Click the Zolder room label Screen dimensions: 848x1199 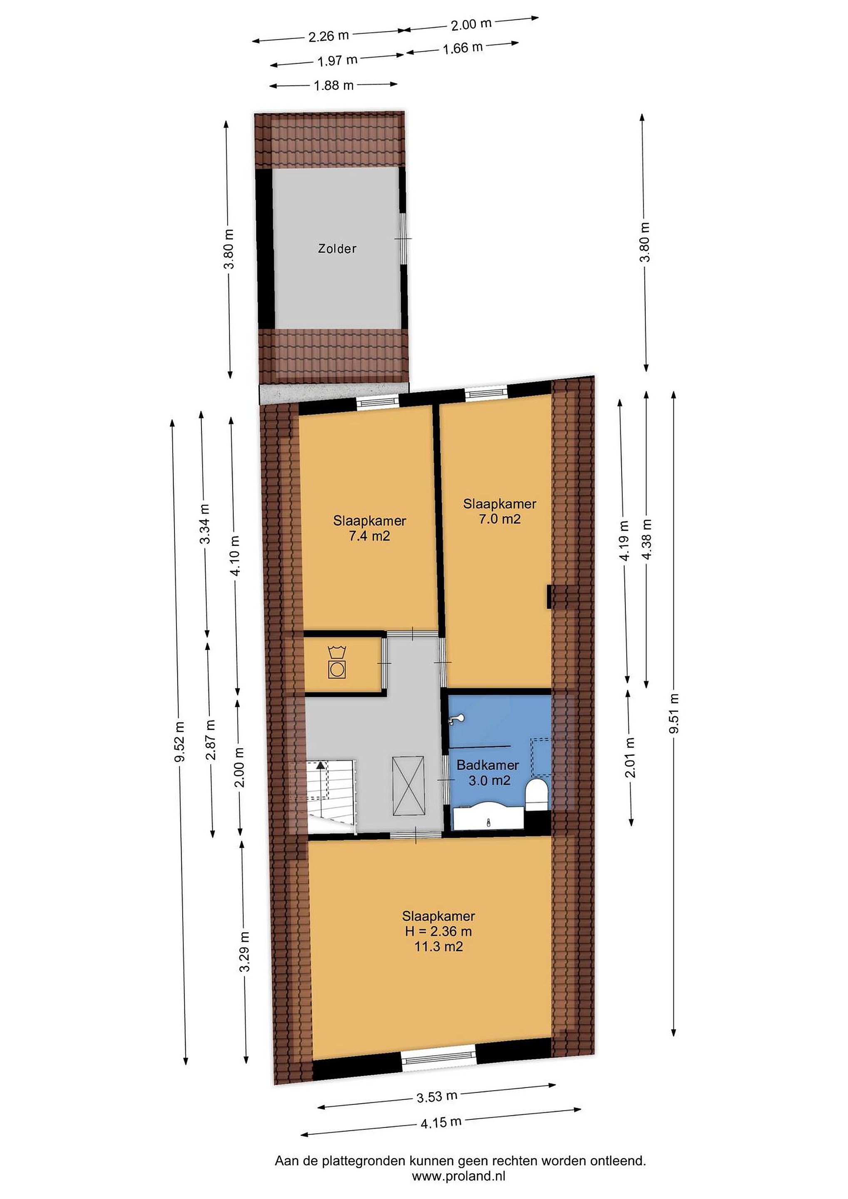(337, 249)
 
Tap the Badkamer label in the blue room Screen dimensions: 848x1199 (488, 765)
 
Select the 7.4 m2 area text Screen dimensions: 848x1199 (369, 536)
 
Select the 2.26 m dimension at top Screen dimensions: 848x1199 (328, 36)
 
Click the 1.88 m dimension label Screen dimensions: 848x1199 (334, 85)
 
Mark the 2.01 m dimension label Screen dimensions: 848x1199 (630, 757)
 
